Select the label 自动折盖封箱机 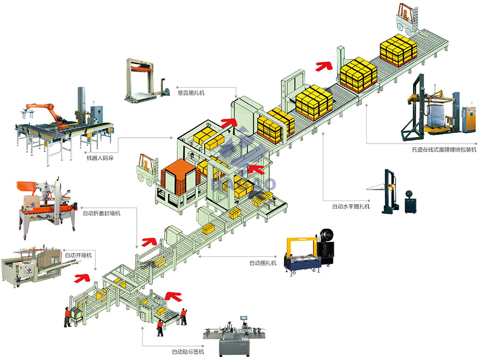coord(102,213)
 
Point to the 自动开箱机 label coord(78,255)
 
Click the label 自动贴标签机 coord(187,351)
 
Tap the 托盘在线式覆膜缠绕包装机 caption coord(440,150)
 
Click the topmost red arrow coord(323,66)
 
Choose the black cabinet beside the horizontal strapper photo coord(410,201)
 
